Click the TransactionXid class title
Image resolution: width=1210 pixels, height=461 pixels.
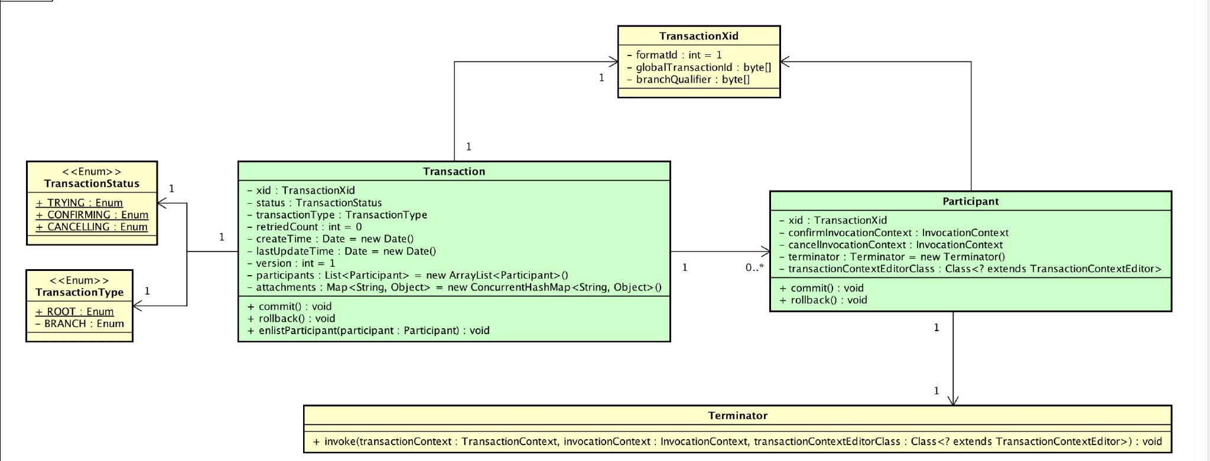pyautogui.click(x=698, y=36)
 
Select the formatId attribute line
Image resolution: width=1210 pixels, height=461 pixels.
pyautogui.click(x=674, y=55)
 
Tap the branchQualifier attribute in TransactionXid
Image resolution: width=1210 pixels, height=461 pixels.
pyautogui.click(x=688, y=80)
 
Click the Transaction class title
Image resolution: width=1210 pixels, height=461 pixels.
pyautogui.click(x=454, y=172)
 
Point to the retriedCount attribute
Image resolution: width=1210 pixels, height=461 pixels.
pyautogui.click(x=304, y=227)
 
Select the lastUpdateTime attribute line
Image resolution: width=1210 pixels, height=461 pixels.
pyautogui.click(x=341, y=251)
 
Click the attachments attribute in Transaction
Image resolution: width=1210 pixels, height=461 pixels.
pyautogui.click(x=454, y=287)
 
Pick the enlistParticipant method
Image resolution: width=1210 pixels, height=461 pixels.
pyautogui.click(x=369, y=331)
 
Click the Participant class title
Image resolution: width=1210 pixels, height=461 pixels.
pyautogui.click(x=970, y=201)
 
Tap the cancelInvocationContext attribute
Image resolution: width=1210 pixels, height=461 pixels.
pyautogui.click(x=891, y=245)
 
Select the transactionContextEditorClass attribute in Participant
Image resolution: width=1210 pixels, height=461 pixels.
pyautogui.click(x=970, y=269)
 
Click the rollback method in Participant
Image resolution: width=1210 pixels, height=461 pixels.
pyautogui.click(x=823, y=300)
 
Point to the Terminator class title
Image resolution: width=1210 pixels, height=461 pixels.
pyautogui.click(x=737, y=416)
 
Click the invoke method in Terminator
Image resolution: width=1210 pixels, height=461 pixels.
pyautogui.click(x=737, y=442)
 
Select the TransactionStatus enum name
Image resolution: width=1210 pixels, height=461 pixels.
pyautogui.click(x=92, y=184)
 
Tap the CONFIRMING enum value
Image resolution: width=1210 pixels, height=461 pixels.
pyautogui.click(x=92, y=215)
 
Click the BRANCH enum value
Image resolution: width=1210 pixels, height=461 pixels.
pyautogui.click(x=80, y=323)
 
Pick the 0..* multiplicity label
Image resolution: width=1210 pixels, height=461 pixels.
pyautogui.click(x=754, y=268)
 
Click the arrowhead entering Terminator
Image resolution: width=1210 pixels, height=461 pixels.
pyautogui.click(x=953, y=401)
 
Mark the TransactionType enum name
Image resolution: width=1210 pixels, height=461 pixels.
pyautogui.click(x=79, y=292)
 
